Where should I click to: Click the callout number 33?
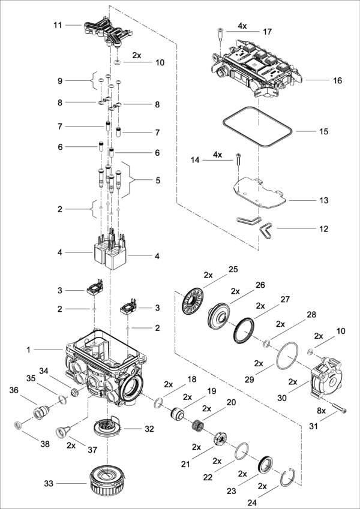(49, 484)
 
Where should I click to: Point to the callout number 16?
(338, 80)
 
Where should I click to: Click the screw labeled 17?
(220, 35)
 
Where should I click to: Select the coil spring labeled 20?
(197, 425)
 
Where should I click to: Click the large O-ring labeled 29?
(287, 356)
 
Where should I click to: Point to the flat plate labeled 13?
(260, 193)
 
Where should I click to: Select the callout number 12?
(323, 229)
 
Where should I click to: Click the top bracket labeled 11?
(109, 31)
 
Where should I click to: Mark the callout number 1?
(29, 350)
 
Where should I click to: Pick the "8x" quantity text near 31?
(321, 411)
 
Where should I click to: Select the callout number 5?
(158, 180)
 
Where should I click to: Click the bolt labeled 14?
(238, 159)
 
